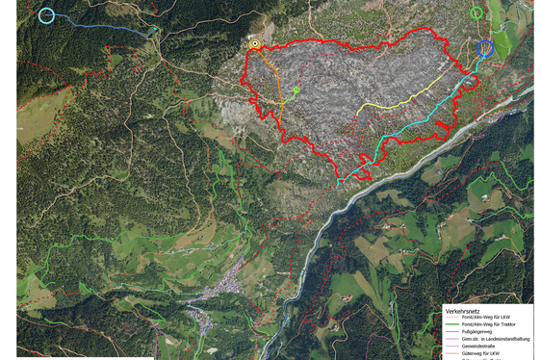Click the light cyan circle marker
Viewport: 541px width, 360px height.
pyautogui.click(x=46, y=14)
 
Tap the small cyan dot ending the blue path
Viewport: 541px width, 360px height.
pyautogui.click(x=154, y=30)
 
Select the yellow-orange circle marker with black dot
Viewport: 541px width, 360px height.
pyautogui.click(x=254, y=43)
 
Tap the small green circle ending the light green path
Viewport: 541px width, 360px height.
pyautogui.click(x=296, y=90)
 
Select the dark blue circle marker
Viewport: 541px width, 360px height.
pyautogui.click(x=485, y=48)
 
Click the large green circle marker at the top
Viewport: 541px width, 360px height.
pyautogui.click(x=477, y=13)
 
